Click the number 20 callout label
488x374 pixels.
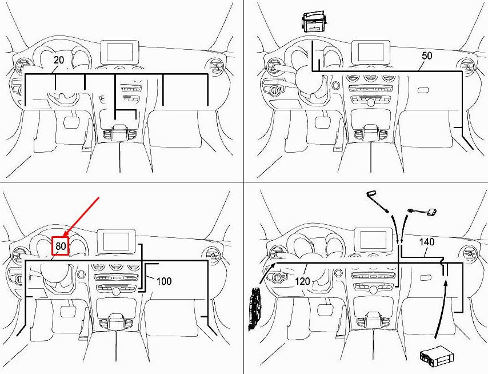59,60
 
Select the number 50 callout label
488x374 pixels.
427,55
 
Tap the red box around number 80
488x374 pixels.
61,246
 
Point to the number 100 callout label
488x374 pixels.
164,281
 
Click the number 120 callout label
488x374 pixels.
302,281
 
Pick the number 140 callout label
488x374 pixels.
426,242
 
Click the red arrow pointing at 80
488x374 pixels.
81,216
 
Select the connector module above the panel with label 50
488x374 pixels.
314,22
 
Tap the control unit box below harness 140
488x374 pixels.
437,355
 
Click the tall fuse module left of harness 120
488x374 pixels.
255,308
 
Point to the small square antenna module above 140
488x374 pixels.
432,212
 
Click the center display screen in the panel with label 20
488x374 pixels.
119,52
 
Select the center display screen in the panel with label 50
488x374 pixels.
370,52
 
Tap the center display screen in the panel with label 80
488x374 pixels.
117,242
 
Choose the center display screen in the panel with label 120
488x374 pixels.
373,239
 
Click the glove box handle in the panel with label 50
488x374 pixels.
423,90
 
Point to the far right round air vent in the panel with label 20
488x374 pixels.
215,66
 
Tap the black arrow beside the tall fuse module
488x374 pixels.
267,273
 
